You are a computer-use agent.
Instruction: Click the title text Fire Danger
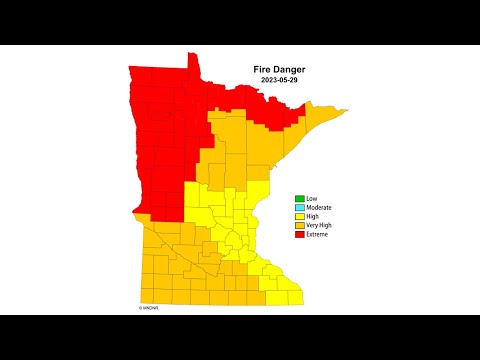280,69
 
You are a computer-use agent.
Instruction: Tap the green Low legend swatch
298,198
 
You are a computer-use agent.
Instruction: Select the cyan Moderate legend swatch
298,207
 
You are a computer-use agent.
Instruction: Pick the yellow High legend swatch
298,216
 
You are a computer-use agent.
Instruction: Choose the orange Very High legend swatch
298,225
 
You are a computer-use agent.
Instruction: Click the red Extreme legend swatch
298,234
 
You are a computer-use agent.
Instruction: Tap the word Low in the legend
311,198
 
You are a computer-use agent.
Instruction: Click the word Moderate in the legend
319,207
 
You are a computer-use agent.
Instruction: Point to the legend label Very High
320,225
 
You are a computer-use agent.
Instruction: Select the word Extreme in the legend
318,234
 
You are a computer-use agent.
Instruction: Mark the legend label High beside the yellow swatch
312,216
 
